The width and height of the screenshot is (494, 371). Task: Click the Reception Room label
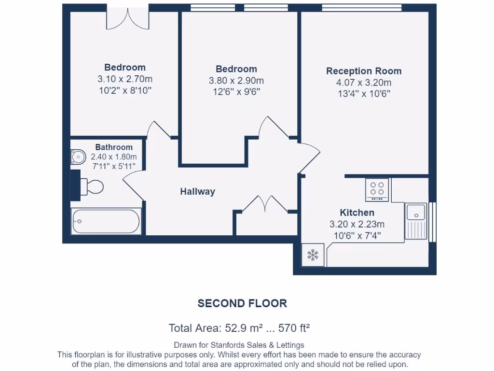point(364,71)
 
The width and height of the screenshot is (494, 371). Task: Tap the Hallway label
point(197,192)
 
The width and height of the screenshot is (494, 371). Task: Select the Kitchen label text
point(357,213)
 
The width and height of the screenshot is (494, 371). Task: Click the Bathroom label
point(114,147)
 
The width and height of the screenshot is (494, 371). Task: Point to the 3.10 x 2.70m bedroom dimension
point(125,79)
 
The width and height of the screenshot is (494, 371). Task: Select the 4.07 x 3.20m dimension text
point(364,83)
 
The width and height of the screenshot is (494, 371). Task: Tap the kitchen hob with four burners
point(377,189)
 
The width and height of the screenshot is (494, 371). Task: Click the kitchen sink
point(415,213)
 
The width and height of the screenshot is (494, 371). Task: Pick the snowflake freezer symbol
point(313,255)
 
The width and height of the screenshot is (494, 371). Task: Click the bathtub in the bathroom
point(106,222)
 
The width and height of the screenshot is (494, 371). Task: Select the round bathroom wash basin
point(77,157)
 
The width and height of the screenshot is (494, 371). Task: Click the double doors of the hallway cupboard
point(264,204)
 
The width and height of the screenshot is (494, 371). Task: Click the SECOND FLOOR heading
point(242,303)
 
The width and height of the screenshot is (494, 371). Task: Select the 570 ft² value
point(294,328)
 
